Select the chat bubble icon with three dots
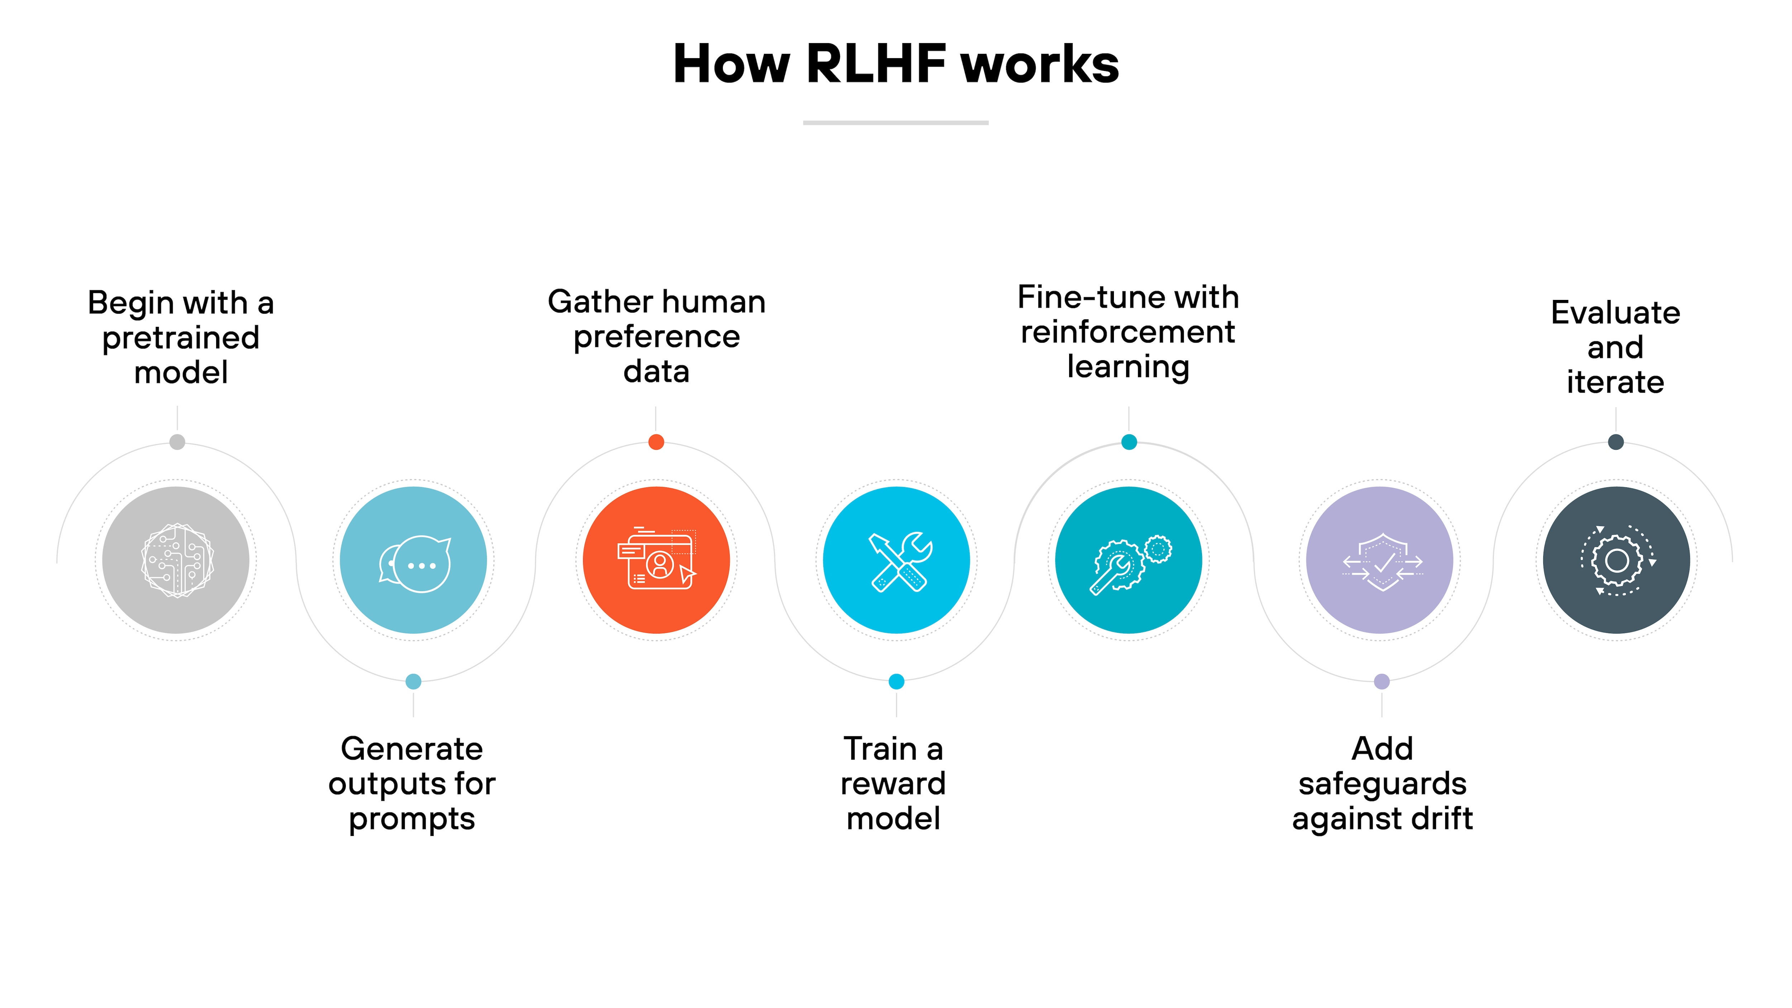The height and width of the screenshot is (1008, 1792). (414, 560)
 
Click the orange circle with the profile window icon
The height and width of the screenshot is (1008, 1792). (656, 560)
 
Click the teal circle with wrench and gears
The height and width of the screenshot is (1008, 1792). (1128, 560)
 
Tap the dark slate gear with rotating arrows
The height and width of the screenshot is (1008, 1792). (1616, 560)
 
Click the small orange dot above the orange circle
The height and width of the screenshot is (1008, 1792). (656, 442)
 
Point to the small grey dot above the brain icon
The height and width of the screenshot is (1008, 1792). (177, 442)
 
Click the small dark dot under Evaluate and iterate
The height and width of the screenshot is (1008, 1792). (1616, 442)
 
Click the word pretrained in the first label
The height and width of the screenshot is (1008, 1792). (181, 338)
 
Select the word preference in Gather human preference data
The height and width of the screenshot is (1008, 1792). (656, 337)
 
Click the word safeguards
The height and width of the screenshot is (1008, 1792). (1382, 784)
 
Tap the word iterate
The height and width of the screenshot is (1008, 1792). (1615, 382)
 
